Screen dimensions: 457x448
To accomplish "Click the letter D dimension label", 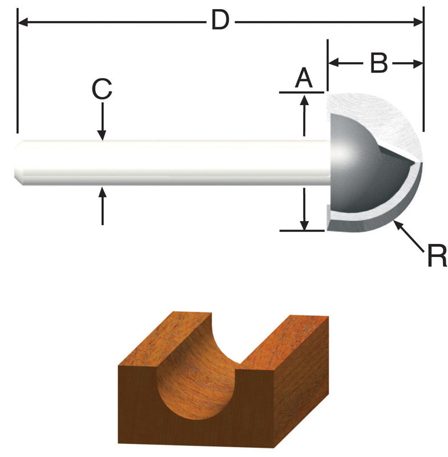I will click(220, 21).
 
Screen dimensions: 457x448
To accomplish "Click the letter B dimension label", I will click(378, 63).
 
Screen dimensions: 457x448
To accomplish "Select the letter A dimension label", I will click(304, 77).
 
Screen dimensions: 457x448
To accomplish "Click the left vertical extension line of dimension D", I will click(18, 74).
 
